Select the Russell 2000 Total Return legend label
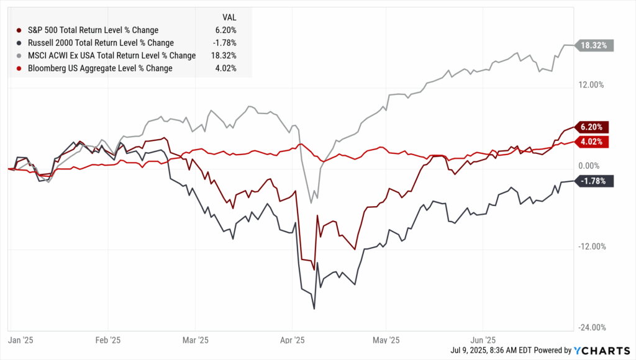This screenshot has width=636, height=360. pos(99,43)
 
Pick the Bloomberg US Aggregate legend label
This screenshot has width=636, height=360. pos(99,68)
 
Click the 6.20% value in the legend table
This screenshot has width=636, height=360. pos(225,30)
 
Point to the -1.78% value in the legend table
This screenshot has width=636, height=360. pos(224,43)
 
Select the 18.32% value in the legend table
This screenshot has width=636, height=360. pos(223,55)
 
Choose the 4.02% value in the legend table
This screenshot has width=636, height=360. pos(225,68)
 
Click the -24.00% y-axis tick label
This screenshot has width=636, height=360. pos(590,328)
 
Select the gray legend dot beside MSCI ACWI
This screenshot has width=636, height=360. pos(20,55)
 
